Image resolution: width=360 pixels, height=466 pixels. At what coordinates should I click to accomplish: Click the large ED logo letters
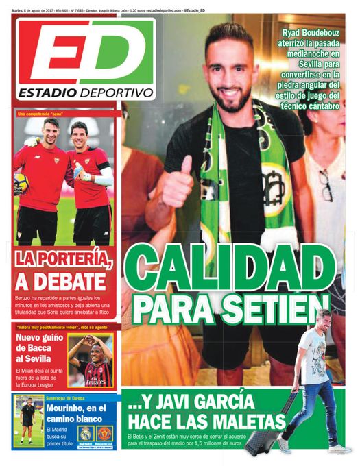coord(85,55)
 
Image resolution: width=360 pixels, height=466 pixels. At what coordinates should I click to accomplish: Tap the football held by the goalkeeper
coord(21,182)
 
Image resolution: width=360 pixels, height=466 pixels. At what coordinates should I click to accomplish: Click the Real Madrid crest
coord(86,433)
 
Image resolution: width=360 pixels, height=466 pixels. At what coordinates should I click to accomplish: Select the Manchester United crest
coord(104,433)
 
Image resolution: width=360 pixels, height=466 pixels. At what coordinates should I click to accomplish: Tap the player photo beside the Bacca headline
coord(90,361)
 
